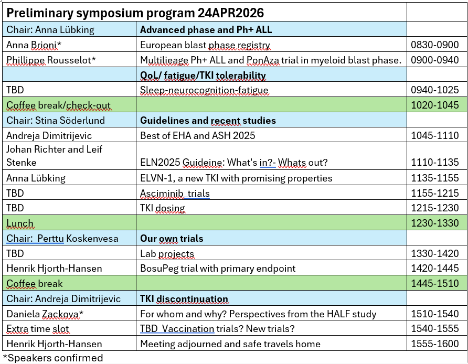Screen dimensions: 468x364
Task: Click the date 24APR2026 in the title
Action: pos(231,13)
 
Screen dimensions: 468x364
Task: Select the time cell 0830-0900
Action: pos(434,45)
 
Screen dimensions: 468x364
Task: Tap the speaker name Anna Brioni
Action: pos(34,45)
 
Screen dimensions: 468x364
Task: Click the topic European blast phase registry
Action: pos(205,45)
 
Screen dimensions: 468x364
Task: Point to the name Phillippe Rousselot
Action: pos(51,60)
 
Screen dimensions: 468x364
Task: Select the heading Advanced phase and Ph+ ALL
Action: pos(206,29)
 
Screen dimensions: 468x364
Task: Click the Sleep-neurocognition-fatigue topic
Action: pos(204,90)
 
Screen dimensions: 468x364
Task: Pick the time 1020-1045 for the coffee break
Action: pos(434,105)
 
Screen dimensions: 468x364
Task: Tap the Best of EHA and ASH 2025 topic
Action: pos(198,135)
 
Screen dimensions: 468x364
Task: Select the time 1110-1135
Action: pos(434,162)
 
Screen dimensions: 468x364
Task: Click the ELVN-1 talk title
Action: pos(236,178)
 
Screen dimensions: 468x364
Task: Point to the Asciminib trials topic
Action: pos(175,194)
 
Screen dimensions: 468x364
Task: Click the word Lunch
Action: pos(20,223)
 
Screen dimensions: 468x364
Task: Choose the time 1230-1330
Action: pos(434,223)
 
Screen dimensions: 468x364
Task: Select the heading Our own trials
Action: pos(172,239)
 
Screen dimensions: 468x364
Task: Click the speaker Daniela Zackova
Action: pos(45,314)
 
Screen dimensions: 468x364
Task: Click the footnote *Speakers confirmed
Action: pos(53,358)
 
